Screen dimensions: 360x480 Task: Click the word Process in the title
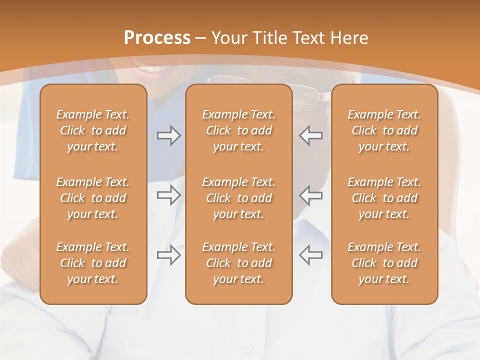[x=157, y=38]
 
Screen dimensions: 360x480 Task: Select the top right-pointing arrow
[x=168, y=135]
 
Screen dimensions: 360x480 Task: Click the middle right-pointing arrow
[x=168, y=195]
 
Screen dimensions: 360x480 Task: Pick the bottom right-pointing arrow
[x=168, y=255]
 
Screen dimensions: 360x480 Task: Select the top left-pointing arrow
[x=310, y=135]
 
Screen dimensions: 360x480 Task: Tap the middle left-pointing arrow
[x=310, y=195]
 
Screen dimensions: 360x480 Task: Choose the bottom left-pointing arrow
[x=310, y=255]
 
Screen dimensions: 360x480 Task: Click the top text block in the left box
[x=93, y=130]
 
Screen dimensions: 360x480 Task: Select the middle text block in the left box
[x=93, y=198]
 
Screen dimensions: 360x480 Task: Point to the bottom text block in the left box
[x=93, y=263]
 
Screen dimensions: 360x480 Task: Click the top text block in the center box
[x=239, y=130]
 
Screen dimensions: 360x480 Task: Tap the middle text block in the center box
[x=239, y=198]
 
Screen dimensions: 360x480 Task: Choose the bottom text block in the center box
[x=239, y=263]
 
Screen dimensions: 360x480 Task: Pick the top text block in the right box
[x=384, y=130]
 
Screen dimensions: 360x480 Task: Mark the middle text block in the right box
[x=384, y=198]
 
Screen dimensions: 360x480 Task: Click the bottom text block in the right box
[x=384, y=263]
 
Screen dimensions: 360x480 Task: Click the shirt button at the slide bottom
[x=246, y=347]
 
